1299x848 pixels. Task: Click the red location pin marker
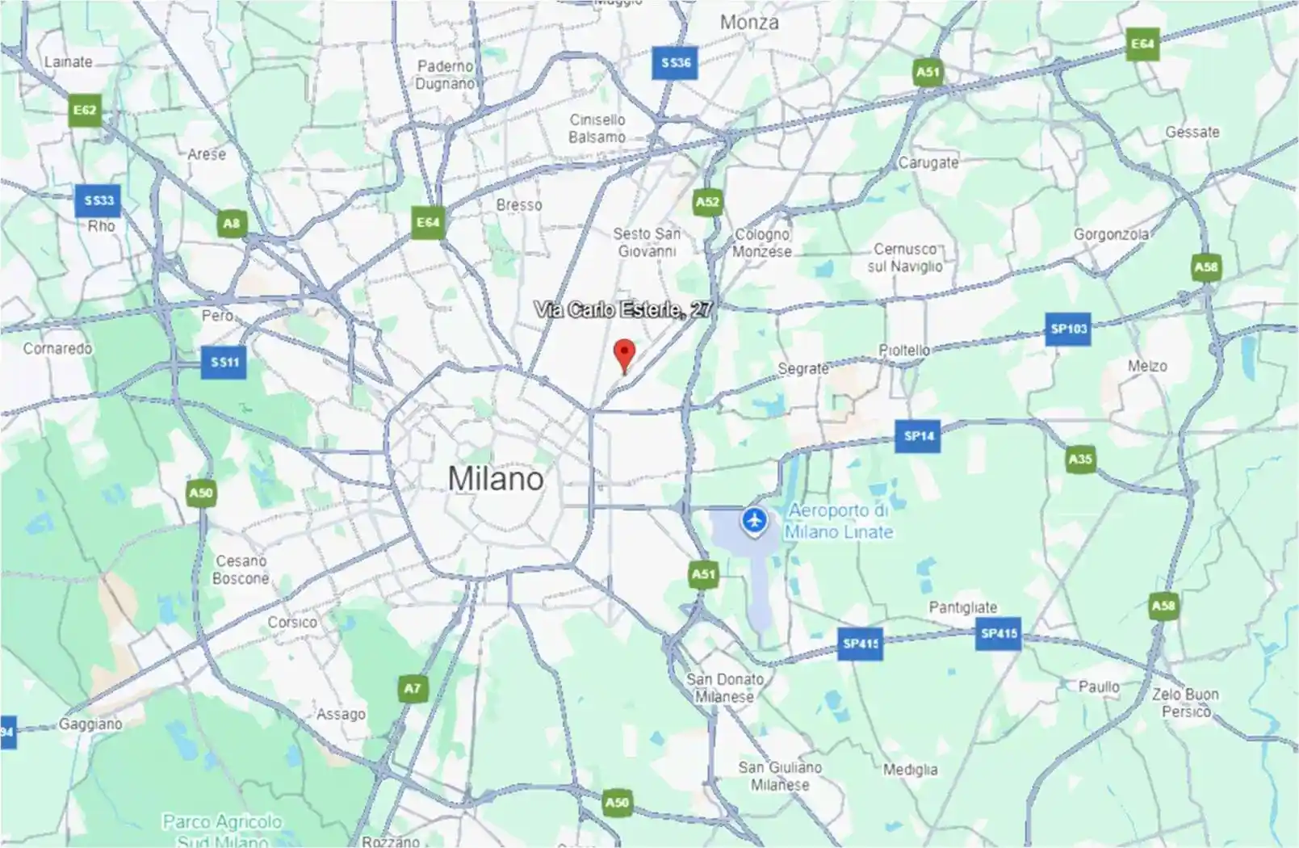(x=624, y=355)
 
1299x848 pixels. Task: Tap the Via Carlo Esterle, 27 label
(x=622, y=309)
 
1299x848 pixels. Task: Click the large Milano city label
(x=496, y=479)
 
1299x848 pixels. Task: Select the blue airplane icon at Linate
(x=754, y=521)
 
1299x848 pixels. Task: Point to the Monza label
(x=749, y=23)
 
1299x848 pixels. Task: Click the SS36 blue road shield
(x=676, y=63)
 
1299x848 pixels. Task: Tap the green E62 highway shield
(x=85, y=111)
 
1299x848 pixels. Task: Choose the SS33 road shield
(x=98, y=200)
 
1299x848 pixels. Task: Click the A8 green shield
(x=232, y=224)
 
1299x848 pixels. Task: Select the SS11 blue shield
(x=224, y=362)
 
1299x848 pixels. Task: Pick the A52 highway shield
(x=707, y=202)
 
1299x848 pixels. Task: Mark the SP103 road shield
(x=1068, y=329)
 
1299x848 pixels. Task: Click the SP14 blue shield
(x=919, y=436)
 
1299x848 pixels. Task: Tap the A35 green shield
(x=1080, y=460)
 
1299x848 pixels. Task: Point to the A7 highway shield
(x=413, y=688)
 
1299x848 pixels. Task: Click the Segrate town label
(x=802, y=368)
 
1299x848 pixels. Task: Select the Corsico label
(x=292, y=623)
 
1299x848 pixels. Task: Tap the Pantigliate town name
(x=962, y=607)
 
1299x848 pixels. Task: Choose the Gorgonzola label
(x=1111, y=234)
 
